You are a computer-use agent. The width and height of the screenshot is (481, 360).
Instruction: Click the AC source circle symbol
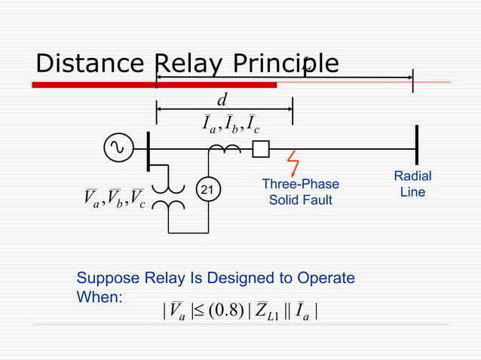click(x=118, y=148)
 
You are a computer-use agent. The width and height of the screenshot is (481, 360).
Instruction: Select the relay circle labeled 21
click(x=209, y=191)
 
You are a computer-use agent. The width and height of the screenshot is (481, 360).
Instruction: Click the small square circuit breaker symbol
click(x=260, y=150)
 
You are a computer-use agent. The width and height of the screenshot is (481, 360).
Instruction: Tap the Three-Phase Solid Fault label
click(x=300, y=192)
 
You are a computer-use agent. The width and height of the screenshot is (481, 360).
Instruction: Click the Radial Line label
click(x=412, y=184)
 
